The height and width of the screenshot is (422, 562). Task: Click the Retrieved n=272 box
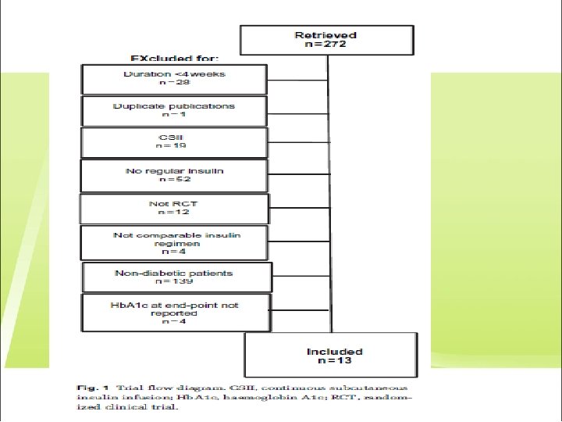coord(326,40)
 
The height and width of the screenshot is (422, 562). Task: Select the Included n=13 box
coord(335,356)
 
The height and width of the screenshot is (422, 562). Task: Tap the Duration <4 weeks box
coord(174,77)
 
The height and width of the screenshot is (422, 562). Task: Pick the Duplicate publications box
coord(174,110)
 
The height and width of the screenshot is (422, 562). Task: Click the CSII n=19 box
coord(174,142)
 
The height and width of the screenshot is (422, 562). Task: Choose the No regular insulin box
coord(174,176)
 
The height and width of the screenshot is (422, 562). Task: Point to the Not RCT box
coord(174,209)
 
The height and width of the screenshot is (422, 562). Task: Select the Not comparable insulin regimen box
coord(174,242)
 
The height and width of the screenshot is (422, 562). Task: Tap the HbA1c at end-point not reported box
coord(176,312)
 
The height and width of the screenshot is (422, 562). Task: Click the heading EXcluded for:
coord(175,58)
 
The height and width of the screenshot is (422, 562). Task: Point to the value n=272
coord(326,45)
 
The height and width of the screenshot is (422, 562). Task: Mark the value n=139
coord(175,282)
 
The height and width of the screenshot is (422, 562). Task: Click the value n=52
coord(173,181)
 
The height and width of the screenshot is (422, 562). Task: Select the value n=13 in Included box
coord(335,361)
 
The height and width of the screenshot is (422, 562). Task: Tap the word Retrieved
coord(326,35)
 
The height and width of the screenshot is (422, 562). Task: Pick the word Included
coord(335,351)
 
